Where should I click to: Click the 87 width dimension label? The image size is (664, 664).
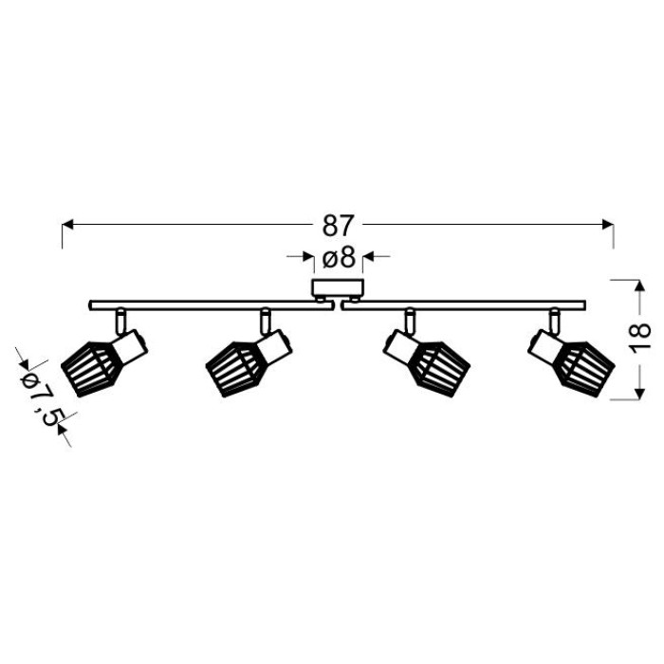click(338, 226)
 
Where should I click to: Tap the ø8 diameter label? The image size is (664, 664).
click(339, 257)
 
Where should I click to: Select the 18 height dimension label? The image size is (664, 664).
click(640, 337)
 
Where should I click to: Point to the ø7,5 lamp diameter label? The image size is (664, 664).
click(40, 396)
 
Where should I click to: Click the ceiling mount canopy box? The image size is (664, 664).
click(338, 288)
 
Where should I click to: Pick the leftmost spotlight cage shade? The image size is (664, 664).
click(91, 368)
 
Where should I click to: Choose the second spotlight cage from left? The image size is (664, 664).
click(235, 369)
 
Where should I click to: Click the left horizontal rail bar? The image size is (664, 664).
click(210, 305)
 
